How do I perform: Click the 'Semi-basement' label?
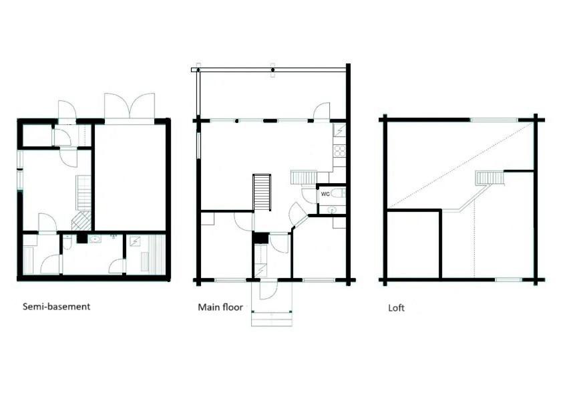57,307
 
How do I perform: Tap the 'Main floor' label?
220,307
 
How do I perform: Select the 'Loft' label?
397,308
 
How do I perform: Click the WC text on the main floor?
325,194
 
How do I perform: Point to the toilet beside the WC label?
338,194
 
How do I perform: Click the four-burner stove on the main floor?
340,152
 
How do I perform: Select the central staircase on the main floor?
262,192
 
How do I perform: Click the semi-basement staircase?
83,193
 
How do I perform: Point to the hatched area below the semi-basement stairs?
81,221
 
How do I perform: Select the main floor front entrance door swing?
268,290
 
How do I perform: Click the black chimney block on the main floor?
260,238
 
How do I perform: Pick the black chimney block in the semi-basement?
81,239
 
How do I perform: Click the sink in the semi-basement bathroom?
95,239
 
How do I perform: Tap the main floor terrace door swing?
322,111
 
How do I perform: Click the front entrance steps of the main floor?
272,318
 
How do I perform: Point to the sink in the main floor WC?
333,210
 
